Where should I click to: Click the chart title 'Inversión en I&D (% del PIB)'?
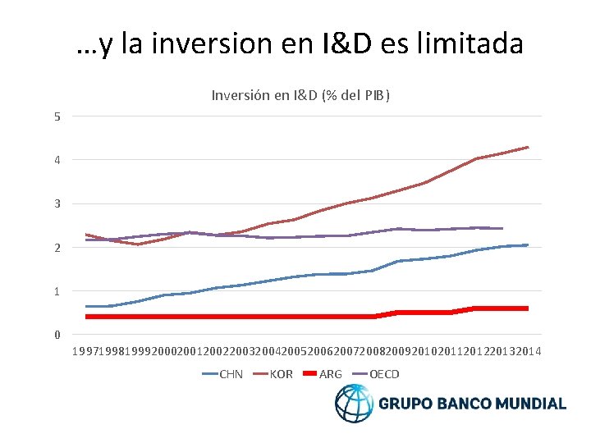[300, 95]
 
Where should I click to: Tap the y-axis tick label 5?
[57, 116]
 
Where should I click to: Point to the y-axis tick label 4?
[57, 160]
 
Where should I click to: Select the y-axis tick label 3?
[57, 203]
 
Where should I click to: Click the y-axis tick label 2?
[57, 248]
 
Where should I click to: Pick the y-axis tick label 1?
[57, 291]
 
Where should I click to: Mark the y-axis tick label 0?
[57, 335]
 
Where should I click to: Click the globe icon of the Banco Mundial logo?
[354, 404]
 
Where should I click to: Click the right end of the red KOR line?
[528, 148]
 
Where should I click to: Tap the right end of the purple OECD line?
[502, 228]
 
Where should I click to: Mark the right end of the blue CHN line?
[528, 244]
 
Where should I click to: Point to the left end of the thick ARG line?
[86, 317]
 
